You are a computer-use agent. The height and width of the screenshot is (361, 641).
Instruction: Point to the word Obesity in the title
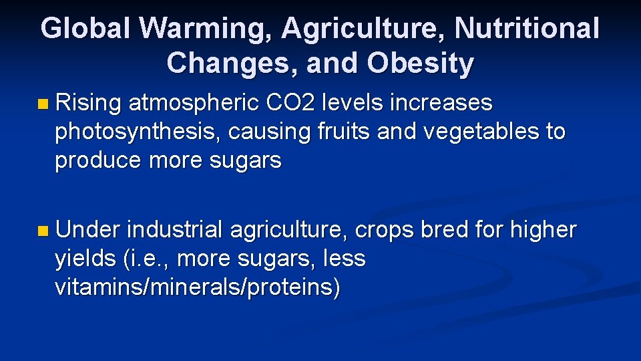[x=420, y=64]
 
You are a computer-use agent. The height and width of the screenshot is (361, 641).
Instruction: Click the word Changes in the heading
[x=228, y=64]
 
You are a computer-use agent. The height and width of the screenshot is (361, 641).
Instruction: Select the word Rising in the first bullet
[x=88, y=104]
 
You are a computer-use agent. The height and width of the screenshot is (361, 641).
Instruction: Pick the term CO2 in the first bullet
[x=290, y=104]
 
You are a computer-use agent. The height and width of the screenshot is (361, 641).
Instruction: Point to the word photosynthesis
[x=138, y=132]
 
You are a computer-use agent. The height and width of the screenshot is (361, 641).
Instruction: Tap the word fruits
[x=347, y=132]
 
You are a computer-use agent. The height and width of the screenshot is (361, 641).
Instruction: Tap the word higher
[x=543, y=230]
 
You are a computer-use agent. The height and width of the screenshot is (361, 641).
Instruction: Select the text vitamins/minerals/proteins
[x=198, y=287]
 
